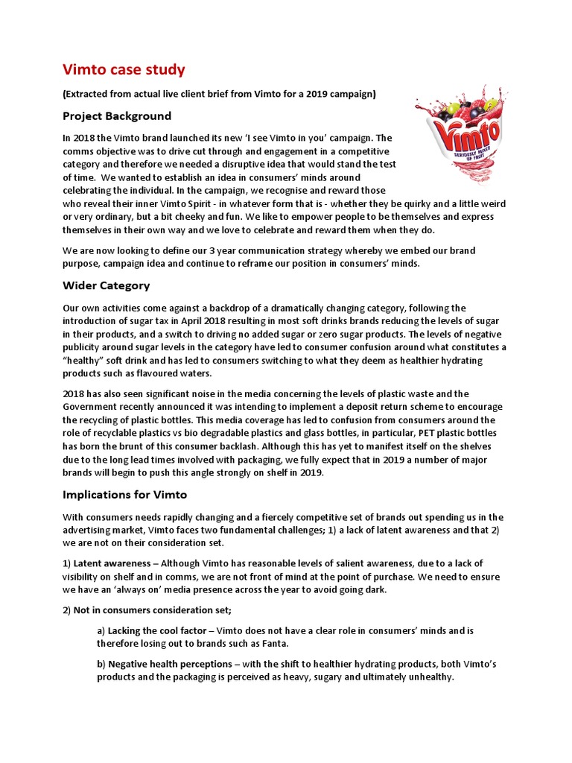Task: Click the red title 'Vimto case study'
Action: click(x=124, y=70)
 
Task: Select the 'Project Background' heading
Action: click(x=117, y=115)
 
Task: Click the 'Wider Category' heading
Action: click(x=107, y=285)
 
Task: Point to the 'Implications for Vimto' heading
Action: click(x=125, y=495)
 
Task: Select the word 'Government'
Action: click(x=93, y=407)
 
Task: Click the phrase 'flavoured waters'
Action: click(x=181, y=373)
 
